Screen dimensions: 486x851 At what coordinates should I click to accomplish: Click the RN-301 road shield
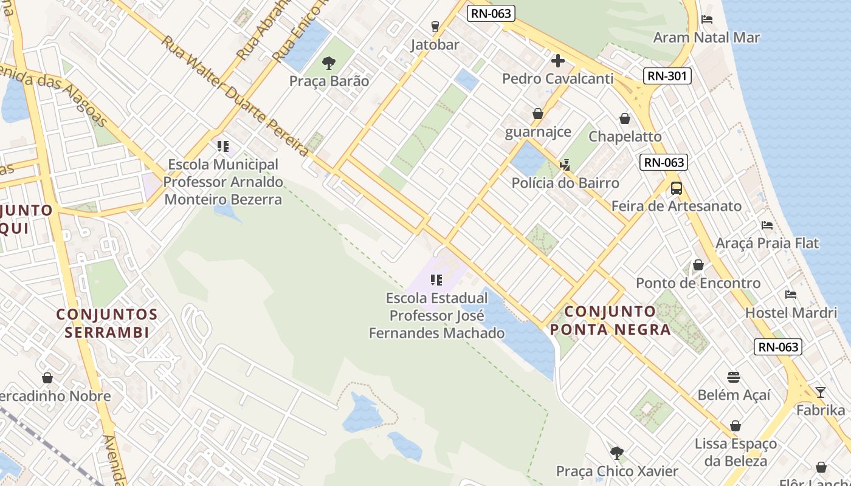pyautogui.click(x=667, y=76)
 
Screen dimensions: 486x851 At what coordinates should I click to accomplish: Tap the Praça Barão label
pyautogui.click(x=329, y=81)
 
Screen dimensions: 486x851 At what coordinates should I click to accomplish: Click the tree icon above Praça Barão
pyautogui.click(x=329, y=63)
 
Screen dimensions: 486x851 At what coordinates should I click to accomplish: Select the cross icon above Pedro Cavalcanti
pyautogui.click(x=558, y=60)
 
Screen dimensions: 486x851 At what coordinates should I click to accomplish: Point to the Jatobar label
pyautogui.click(x=435, y=45)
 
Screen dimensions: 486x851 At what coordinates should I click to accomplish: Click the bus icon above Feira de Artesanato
pyautogui.click(x=677, y=188)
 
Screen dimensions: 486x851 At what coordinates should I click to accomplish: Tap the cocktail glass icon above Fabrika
pyautogui.click(x=820, y=392)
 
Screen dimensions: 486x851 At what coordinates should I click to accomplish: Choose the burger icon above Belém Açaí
pyautogui.click(x=734, y=377)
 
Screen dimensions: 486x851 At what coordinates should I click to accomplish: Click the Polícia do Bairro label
pyautogui.click(x=565, y=183)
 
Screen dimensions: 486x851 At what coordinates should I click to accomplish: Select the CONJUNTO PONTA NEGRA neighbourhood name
pyautogui.click(x=610, y=321)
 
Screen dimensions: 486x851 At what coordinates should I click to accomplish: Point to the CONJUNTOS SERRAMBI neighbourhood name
pyautogui.click(x=107, y=323)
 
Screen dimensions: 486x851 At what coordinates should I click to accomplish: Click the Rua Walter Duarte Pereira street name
pyautogui.click(x=235, y=95)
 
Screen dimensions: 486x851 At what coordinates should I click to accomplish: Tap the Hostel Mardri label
pyautogui.click(x=791, y=313)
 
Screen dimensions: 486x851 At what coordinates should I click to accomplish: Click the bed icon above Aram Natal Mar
pyautogui.click(x=706, y=19)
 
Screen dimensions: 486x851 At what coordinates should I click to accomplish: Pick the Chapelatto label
pyautogui.click(x=625, y=137)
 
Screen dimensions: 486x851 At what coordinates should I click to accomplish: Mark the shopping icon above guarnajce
pyautogui.click(x=538, y=114)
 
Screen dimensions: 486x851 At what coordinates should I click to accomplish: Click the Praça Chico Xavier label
pyautogui.click(x=617, y=471)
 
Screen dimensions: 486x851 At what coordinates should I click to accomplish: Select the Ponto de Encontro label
pyautogui.click(x=698, y=283)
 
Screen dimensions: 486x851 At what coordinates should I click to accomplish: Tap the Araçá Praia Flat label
pyautogui.click(x=767, y=244)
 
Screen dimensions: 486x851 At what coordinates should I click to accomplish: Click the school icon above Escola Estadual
pyautogui.click(x=436, y=280)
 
